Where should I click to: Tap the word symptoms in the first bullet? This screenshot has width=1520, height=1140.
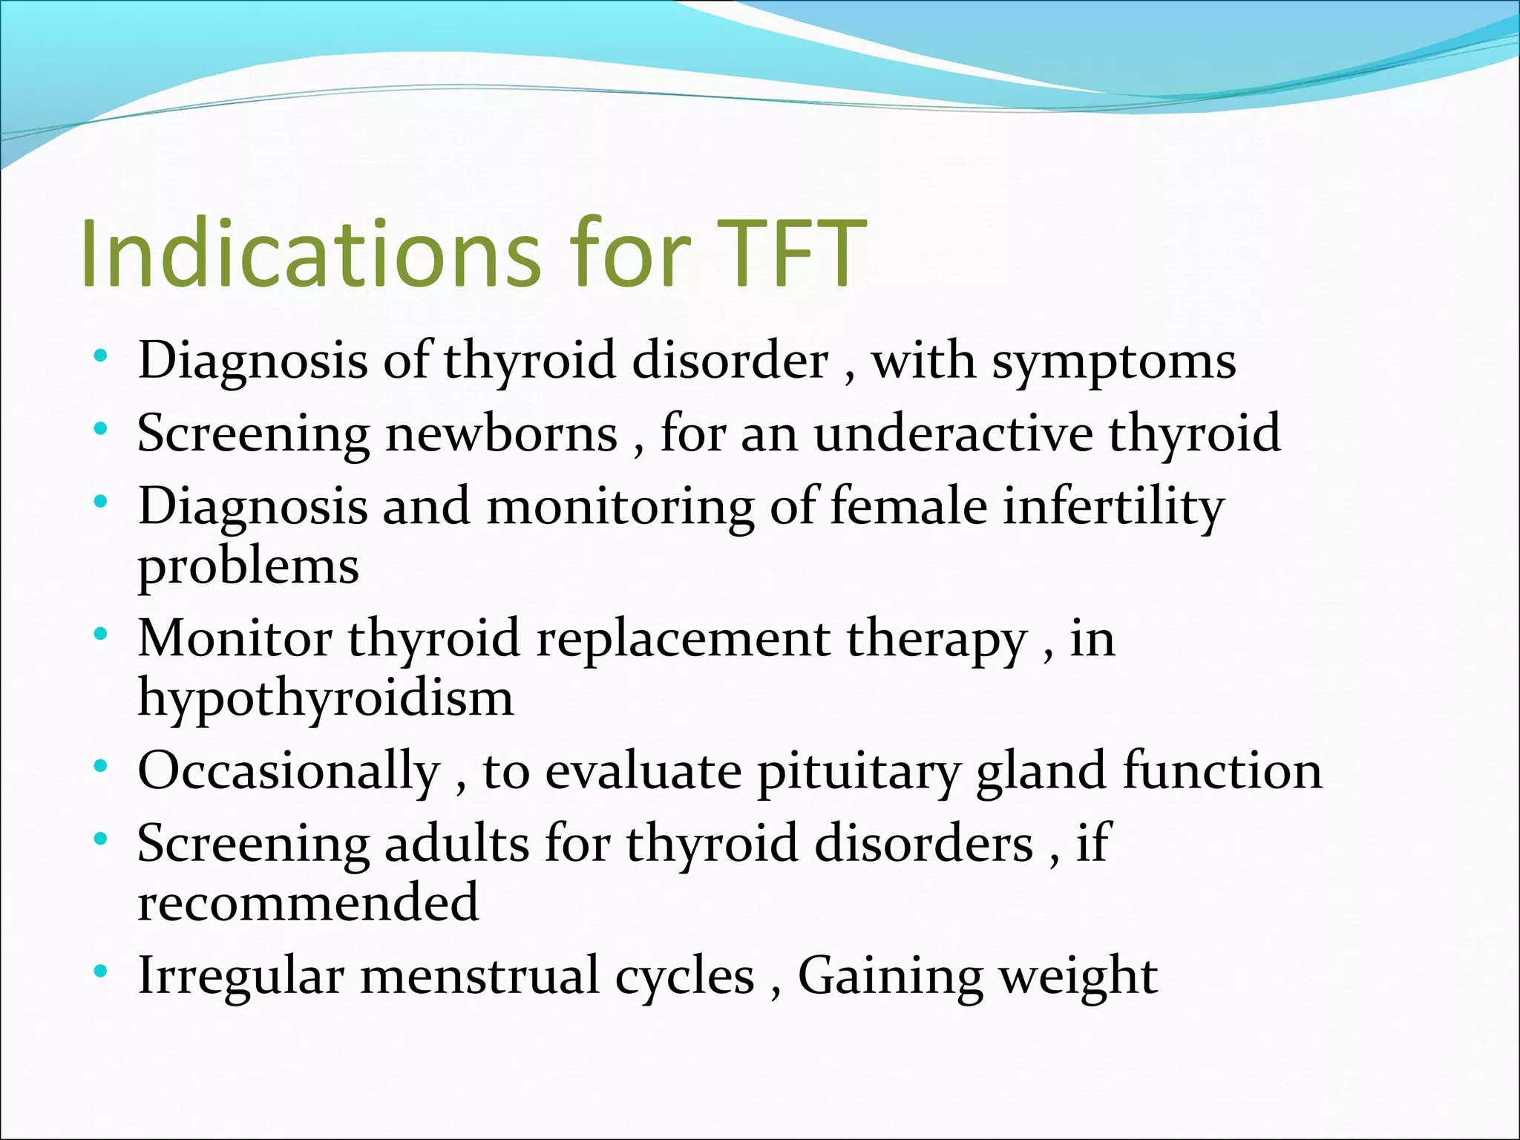1114,361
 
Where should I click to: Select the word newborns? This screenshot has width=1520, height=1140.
501,433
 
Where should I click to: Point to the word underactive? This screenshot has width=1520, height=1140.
953,433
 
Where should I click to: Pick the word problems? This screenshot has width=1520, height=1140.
249,567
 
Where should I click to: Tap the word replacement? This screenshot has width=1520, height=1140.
683,639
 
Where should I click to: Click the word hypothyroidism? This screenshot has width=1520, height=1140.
325,698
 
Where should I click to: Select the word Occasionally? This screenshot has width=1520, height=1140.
289,772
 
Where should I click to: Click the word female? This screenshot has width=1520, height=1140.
908,507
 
